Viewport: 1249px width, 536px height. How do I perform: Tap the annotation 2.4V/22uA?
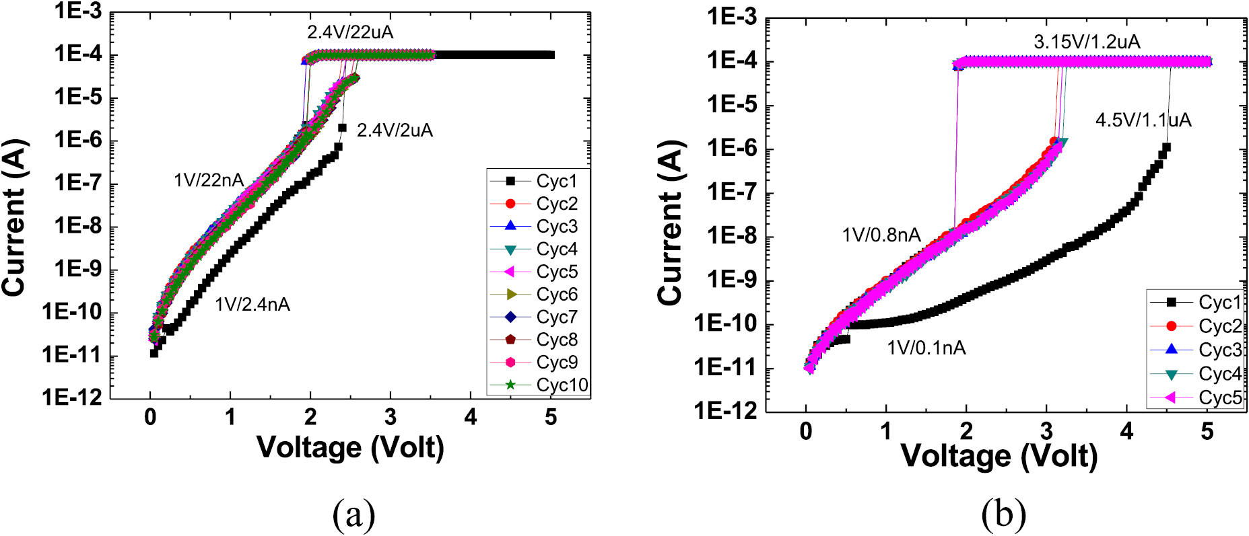pos(350,32)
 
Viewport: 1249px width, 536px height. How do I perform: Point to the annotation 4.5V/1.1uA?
pos(1143,120)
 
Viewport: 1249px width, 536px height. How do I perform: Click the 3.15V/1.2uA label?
pos(1087,42)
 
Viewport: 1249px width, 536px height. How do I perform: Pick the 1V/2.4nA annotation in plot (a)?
pos(252,305)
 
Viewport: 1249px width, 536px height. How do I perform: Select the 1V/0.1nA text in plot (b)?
pos(926,348)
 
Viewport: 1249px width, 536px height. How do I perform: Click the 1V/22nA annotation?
pos(209,180)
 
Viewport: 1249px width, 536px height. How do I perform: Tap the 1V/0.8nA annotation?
pos(881,235)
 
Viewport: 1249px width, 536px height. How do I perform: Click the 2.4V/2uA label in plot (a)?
pos(395,130)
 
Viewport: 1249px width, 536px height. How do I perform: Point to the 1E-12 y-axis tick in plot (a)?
pos(72,397)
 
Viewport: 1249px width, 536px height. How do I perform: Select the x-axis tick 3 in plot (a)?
pos(391,418)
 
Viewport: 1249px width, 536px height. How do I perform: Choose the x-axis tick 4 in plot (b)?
pos(1126,431)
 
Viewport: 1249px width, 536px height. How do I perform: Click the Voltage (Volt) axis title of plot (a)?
pos(350,447)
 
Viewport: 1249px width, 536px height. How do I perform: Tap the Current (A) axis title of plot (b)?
pos(671,222)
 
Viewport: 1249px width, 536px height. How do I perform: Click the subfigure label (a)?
pos(353,514)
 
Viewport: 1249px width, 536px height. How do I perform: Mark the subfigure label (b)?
pos(1003,514)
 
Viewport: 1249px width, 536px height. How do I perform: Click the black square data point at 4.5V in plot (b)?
pos(1166,147)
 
